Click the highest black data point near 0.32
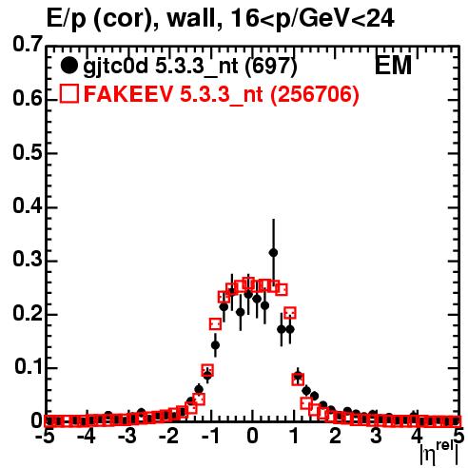273,253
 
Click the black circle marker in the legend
68,66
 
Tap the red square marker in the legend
69,93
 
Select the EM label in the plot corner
393,66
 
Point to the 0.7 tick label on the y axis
28,45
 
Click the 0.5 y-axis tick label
28,153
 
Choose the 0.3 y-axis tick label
28,260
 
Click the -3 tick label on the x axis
127,436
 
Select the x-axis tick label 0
252,436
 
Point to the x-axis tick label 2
335,436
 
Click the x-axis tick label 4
418,436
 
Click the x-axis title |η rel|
439,453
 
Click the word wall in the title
191,19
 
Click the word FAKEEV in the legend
128,94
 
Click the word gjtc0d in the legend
115,68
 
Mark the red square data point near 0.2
290,313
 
